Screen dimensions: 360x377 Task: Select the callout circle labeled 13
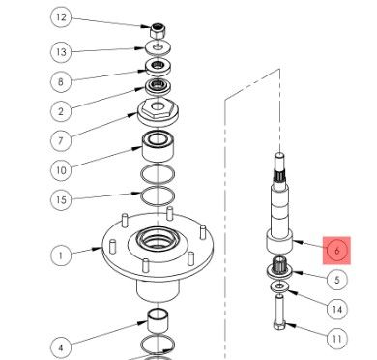(x=61, y=51)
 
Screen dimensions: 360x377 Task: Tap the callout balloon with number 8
(x=61, y=82)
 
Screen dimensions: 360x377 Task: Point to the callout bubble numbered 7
(x=61, y=141)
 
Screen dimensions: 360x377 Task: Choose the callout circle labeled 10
(x=61, y=171)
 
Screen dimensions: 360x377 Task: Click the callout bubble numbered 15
(x=61, y=200)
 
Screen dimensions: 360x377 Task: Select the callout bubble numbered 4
(x=61, y=345)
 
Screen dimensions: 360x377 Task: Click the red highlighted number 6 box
(x=337, y=250)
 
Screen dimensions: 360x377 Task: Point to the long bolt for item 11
(x=278, y=323)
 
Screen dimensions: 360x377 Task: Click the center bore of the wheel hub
(x=156, y=236)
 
